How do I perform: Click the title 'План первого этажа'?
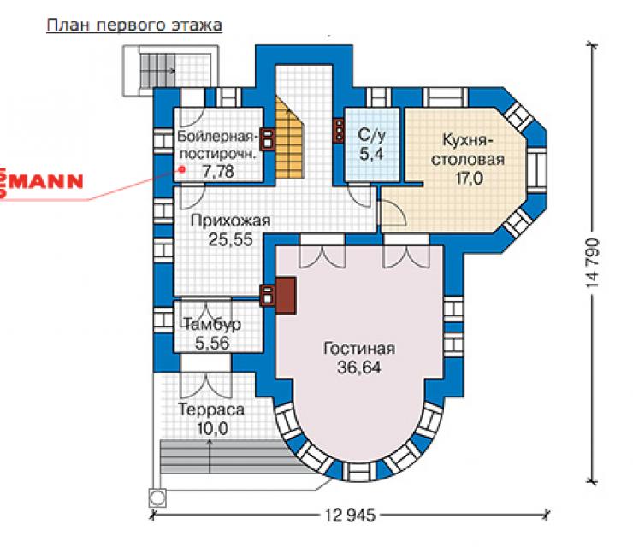134,26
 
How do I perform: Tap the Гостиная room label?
359,349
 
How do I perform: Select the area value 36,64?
359,368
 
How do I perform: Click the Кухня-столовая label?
468,150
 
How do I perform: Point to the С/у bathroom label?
371,135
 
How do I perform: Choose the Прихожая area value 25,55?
230,239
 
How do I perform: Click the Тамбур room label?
212,324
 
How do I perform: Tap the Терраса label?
211,410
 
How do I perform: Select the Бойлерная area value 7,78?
218,172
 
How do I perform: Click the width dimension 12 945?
350,515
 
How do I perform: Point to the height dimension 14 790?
593,262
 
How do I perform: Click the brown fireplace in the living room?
286,295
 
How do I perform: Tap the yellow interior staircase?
288,138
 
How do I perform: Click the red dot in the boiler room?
182,169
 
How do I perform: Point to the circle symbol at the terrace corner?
157,497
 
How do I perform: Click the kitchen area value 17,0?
469,179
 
